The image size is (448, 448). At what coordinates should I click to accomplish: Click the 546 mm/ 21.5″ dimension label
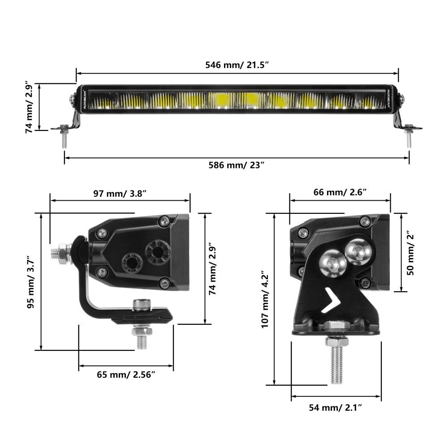(x=237, y=65)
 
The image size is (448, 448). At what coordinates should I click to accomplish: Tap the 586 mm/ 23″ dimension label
(x=237, y=164)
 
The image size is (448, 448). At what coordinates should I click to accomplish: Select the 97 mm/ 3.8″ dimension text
(x=120, y=194)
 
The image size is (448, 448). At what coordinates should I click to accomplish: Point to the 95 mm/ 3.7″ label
(x=30, y=282)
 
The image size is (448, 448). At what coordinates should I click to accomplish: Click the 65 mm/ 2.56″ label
(x=126, y=375)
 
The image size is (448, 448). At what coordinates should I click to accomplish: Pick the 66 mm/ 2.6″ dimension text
(x=340, y=193)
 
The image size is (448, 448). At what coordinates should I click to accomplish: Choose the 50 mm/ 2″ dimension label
(x=411, y=252)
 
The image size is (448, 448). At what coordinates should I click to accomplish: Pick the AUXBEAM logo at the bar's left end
(x=84, y=99)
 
